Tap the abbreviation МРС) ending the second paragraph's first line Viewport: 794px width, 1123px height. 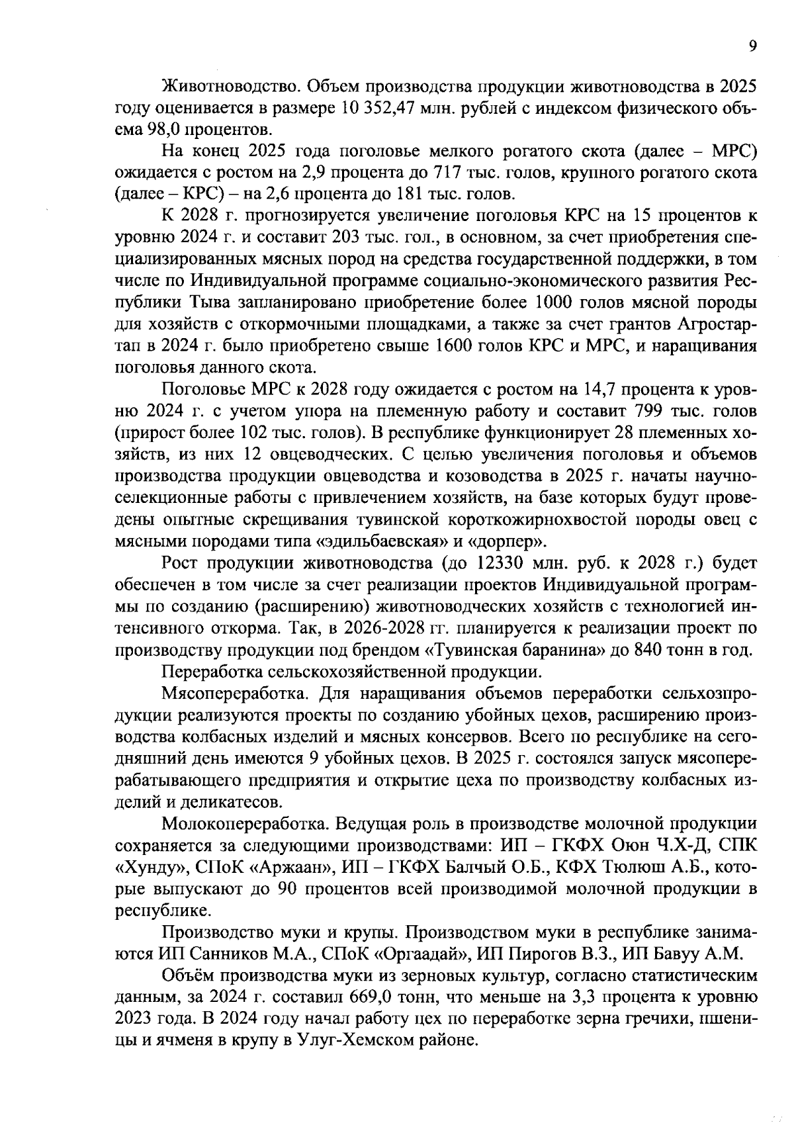coord(734,152)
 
